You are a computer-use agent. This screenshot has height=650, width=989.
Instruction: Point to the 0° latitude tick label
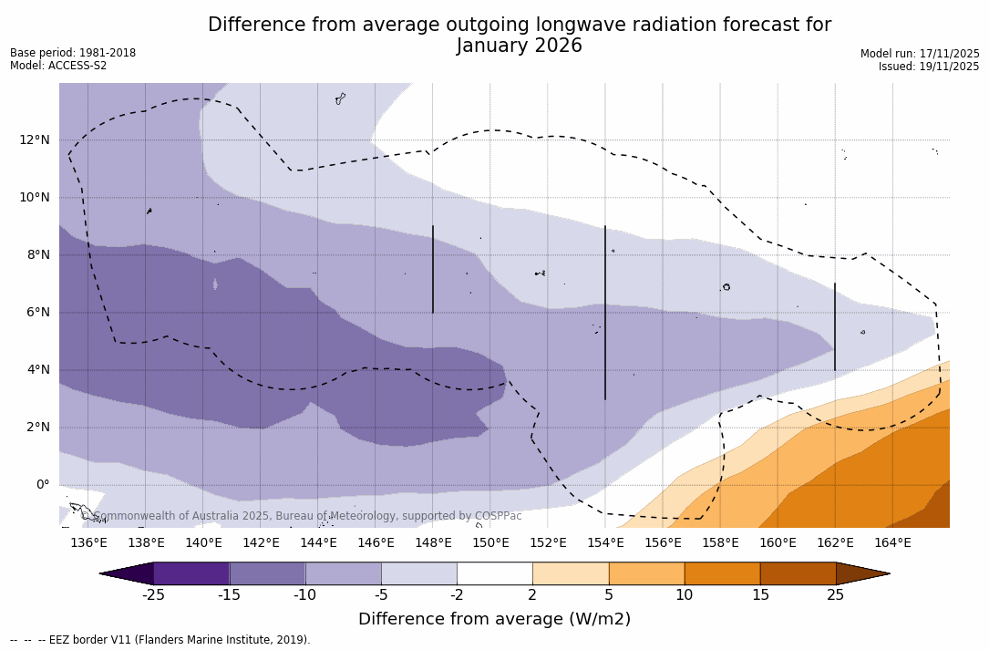pos(42,484)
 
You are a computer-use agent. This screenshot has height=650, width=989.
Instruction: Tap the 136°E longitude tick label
pos(88,542)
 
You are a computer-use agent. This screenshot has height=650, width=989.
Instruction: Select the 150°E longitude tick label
pos(490,542)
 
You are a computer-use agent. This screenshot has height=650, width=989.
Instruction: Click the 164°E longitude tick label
pos(892,542)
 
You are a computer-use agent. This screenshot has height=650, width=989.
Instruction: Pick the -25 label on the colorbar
pos(153,595)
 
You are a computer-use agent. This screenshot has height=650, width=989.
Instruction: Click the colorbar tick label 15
pos(759,595)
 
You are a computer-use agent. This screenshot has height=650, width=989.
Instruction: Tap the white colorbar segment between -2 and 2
pos(495,573)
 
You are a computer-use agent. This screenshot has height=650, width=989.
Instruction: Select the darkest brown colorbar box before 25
pos(798,573)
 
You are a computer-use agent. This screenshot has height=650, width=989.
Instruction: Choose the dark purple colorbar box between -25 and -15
pos(191,573)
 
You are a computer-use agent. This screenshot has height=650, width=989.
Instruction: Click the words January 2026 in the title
pos(519,46)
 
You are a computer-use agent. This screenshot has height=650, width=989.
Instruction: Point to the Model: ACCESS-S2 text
pos(58,66)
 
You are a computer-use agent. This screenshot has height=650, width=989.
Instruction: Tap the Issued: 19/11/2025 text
pos(929,67)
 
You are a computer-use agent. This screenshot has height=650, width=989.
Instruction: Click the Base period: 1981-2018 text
pos(73,53)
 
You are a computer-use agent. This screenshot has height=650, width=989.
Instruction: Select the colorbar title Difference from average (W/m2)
pos(494,619)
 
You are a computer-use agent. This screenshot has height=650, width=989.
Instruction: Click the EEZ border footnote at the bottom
pos(160,640)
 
